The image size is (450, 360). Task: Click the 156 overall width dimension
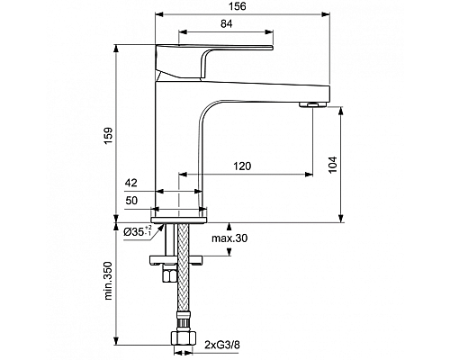tap(238, 8)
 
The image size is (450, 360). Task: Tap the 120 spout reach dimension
tap(240, 166)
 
